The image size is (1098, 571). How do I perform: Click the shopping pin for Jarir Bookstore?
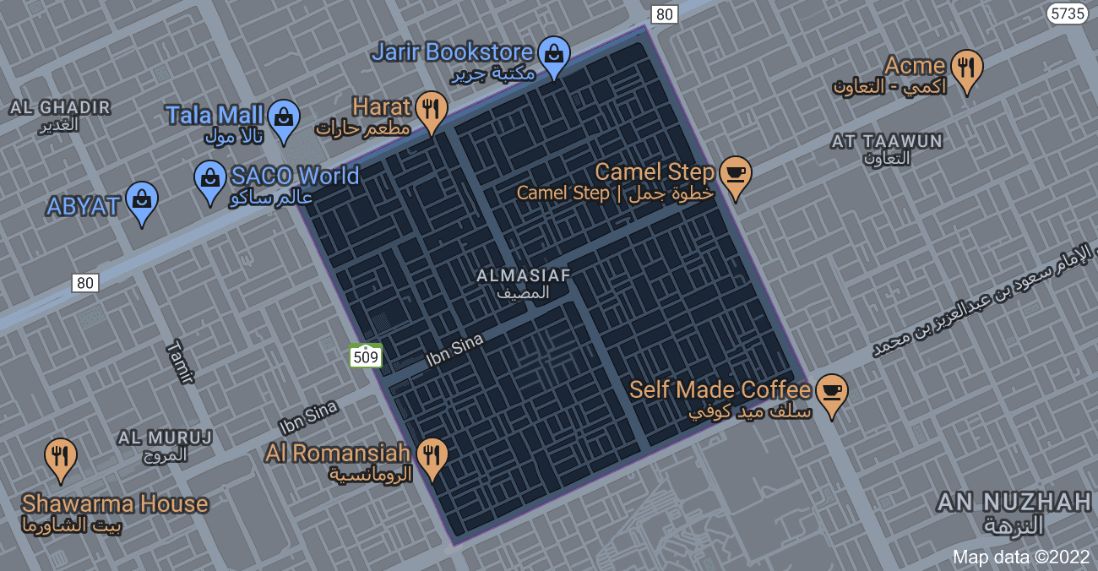click(553, 55)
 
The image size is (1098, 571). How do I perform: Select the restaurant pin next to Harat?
click(432, 110)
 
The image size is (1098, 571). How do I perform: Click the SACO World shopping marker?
click(209, 180)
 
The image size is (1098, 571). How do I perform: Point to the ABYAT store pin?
click(141, 201)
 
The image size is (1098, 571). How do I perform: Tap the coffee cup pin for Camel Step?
click(735, 175)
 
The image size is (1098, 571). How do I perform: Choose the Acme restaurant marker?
click(966, 68)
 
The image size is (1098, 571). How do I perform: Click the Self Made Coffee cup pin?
click(831, 393)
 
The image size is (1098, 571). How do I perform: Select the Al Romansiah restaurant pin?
click(432, 457)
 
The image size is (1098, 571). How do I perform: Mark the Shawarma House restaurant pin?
click(61, 458)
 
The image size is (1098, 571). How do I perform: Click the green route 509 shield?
click(366, 356)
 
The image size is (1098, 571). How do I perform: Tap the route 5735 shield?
click(1066, 14)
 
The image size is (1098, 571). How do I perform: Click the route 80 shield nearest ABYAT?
click(85, 283)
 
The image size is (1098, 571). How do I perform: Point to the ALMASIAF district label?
click(524, 283)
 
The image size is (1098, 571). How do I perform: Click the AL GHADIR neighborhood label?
click(60, 115)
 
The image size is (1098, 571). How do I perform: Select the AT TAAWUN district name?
click(886, 149)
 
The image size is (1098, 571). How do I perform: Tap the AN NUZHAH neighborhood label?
click(1014, 512)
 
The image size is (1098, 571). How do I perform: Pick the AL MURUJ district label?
click(165, 445)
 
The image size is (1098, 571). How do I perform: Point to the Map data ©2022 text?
click(1021, 557)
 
